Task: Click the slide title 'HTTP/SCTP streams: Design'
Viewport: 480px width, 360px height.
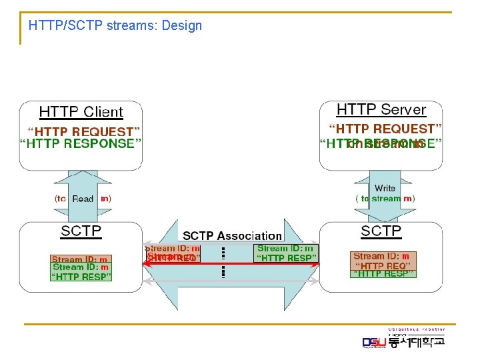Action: point(115,26)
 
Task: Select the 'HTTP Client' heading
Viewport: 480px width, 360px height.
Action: point(81,112)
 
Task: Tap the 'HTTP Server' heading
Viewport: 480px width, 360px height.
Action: point(381,109)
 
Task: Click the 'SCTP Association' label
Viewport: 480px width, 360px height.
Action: point(232,235)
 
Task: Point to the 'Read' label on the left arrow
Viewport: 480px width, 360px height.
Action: point(83,199)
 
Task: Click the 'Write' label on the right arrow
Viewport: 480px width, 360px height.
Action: point(385,188)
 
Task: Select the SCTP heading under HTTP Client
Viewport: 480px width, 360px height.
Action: point(81,231)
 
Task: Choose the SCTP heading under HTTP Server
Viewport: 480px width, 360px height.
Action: point(381,231)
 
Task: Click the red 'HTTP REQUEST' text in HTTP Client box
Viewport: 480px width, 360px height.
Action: point(83,131)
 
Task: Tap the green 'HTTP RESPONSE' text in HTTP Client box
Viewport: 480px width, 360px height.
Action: point(81,143)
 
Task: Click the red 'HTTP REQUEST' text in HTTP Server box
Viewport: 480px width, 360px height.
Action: point(386,128)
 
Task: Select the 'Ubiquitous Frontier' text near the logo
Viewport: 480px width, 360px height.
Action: point(417,329)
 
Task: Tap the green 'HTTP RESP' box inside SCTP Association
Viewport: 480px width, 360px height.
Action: point(285,253)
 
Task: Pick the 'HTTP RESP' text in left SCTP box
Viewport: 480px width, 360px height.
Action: point(81,276)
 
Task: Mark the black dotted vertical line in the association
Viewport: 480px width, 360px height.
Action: point(223,261)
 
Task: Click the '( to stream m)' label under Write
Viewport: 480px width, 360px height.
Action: point(385,198)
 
